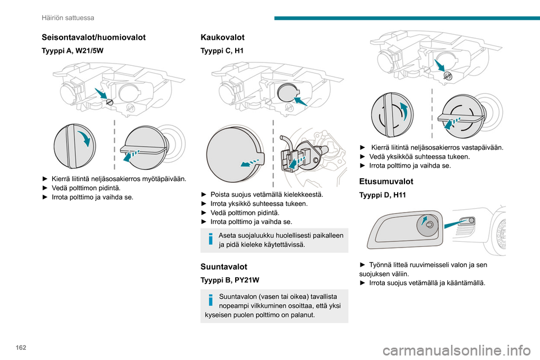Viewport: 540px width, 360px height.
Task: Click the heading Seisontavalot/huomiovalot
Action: [93, 37]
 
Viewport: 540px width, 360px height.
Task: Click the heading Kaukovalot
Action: [223, 37]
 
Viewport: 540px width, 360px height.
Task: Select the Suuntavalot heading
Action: [224, 267]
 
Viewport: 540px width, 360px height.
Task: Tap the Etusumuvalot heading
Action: [386, 182]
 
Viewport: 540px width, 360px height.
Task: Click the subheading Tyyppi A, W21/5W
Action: [73, 51]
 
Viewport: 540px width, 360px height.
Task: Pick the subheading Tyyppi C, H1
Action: [222, 51]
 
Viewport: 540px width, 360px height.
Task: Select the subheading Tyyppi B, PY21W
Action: [229, 280]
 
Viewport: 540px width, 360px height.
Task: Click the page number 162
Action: [21, 348]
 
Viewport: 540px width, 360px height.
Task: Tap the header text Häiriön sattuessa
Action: [68, 18]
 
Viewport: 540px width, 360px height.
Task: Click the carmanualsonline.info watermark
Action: [457, 351]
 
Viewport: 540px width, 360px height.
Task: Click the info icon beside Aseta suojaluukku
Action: [211, 238]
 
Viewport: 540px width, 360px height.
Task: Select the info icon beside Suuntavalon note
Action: [211, 300]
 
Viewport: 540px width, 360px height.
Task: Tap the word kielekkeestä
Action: [303, 195]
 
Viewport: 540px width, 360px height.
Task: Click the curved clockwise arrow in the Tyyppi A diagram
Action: [84, 138]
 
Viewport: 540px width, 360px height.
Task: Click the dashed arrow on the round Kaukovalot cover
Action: [250, 162]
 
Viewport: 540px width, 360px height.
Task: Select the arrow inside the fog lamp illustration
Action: [424, 220]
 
